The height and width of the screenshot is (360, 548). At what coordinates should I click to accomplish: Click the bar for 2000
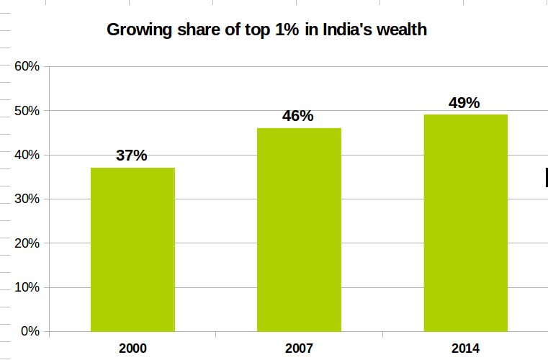[x=132, y=249]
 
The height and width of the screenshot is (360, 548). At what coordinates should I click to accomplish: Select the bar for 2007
[x=299, y=230]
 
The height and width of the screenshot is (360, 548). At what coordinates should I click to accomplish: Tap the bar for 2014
[x=465, y=222]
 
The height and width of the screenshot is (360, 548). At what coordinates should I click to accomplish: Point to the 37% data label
[x=132, y=156]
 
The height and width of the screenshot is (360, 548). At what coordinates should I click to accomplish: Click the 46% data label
[x=298, y=116]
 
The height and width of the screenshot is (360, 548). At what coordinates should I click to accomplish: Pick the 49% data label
[x=464, y=102]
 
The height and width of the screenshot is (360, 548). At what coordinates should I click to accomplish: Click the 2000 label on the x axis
[x=132, y=348]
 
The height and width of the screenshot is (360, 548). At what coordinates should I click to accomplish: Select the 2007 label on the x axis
[x=299, y=348]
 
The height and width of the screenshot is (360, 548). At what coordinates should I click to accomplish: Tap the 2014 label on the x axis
[x=465, y=348]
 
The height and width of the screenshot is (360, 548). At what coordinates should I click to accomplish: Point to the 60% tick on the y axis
[x=27, y=66]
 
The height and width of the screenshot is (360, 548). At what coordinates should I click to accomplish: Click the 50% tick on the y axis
[x=27, y=111]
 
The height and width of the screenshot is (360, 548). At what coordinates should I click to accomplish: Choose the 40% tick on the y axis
[x=27, y=155]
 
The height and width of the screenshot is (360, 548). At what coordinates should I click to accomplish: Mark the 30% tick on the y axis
[x=27, y=199]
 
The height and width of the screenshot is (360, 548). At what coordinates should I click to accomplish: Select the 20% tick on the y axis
[x=27, y=243]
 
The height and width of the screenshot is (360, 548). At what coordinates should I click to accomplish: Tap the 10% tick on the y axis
[x=27, y=287]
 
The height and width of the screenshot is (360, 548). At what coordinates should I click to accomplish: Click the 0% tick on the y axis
[x=30, y=332]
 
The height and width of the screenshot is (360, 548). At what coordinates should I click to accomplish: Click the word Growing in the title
[x=136, y=30]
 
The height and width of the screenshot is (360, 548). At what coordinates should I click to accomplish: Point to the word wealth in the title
[x=404, y=30]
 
